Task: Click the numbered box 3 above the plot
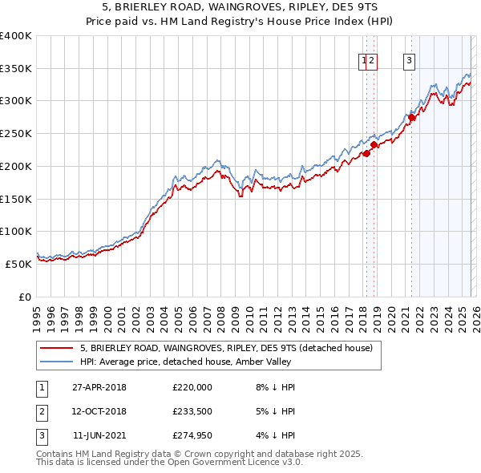(x=410, y=59)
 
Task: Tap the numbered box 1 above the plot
(x=365, y=59)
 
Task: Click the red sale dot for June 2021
(x=411, y=118)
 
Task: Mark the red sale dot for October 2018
(x=374, y=145)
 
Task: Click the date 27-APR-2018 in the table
(x=99, y=387)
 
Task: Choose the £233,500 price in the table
(x=192, y=412)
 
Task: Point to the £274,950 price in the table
(x=192, y=437)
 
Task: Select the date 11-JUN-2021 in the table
(x=99, y=437)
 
